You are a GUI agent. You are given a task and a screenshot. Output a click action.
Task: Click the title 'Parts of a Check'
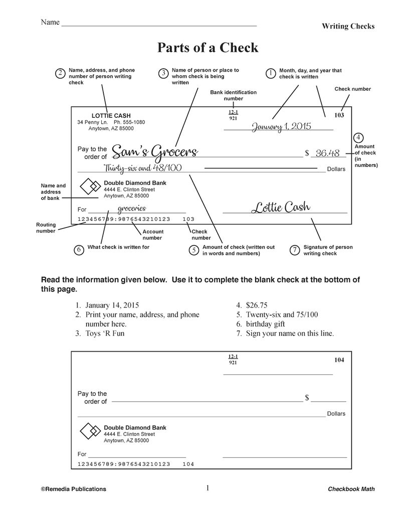coord(208,48)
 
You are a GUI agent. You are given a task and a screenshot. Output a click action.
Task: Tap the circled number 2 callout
coord(60,74)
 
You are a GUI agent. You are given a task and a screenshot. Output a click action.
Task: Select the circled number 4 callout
coord(359,138)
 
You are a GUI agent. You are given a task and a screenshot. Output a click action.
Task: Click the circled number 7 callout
coord(295,250)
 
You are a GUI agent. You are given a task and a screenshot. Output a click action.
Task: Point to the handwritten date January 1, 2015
coord(281,126)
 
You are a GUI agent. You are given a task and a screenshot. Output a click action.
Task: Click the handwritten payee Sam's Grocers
coord(154,151)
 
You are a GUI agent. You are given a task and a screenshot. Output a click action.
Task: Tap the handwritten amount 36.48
coord(328,153)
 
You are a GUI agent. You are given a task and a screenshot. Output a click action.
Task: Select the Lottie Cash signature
coord(281,206)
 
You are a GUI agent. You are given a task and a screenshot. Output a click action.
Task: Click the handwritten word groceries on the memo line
coord(131,208)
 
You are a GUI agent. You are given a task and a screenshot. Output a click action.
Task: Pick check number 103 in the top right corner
coord(339,115)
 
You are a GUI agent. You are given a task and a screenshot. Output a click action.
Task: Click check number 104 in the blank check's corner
coord(339,360)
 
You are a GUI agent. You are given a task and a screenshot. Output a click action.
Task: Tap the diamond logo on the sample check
coord(91,186)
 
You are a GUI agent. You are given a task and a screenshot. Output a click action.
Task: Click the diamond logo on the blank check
coord(91,431)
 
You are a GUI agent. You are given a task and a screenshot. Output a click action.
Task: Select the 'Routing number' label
coord(46,228)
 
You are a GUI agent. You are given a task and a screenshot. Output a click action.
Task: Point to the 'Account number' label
coord(152,235)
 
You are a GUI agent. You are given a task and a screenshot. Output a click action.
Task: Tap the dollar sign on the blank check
coord(307,398)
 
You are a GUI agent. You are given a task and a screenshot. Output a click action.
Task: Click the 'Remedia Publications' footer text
coord(73,489)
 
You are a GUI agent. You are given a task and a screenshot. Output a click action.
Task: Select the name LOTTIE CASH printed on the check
coord(111,116)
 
